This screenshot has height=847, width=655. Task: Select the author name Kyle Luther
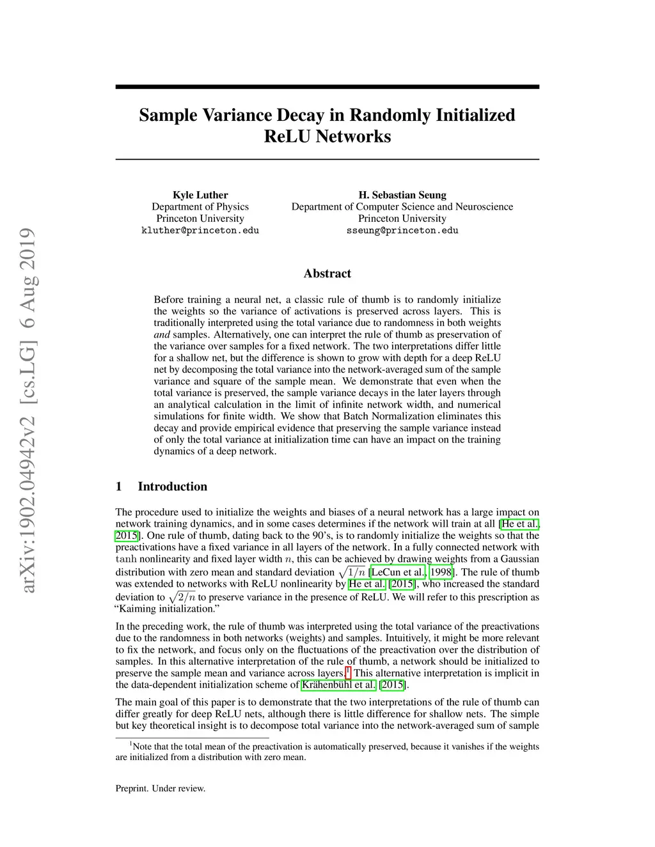click(200, 195)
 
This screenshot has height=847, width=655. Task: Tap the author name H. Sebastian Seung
click(402, 195)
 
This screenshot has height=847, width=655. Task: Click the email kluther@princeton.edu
click(200, 230)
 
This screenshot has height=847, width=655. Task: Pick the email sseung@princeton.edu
click(402, 230)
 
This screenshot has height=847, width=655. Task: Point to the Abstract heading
click(327, 274)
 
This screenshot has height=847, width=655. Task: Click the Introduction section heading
click(172, 486)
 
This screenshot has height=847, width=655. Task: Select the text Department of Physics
click(200, 206)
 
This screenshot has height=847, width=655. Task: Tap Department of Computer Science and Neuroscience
click(402, 206)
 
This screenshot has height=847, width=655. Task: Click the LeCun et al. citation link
click(397, 572)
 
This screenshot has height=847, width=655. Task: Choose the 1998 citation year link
click(441, 572)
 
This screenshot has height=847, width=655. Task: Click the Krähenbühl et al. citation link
click(338, 685)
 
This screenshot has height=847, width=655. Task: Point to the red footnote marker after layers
click(348, 671)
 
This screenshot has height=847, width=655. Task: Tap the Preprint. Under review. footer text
click(161, 788)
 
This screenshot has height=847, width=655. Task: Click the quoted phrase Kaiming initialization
click(168, 609)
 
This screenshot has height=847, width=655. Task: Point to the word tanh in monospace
click(126, 559)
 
